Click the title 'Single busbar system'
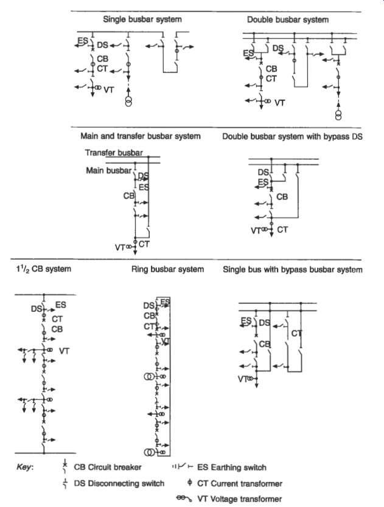pos(142,19)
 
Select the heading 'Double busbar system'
pos(288,19)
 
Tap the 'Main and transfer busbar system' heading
pos(141,136)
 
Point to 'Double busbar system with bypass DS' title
pos(292,136)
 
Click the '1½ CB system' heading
pos(43,269)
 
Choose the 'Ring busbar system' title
pos(167,269)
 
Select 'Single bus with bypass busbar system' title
pos(292,270)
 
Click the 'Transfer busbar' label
pos(114,153)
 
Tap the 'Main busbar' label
pos(108,170)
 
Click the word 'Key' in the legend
pos(24,467)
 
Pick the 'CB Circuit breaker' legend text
pos(108,467)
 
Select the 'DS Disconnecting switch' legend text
pos(119,483)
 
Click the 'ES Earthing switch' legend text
pos(231,467)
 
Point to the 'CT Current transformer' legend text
pos(240,484)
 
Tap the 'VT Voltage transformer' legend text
pos(239,499)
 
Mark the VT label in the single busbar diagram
pos(109,89)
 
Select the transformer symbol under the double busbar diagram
pos(338,115)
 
